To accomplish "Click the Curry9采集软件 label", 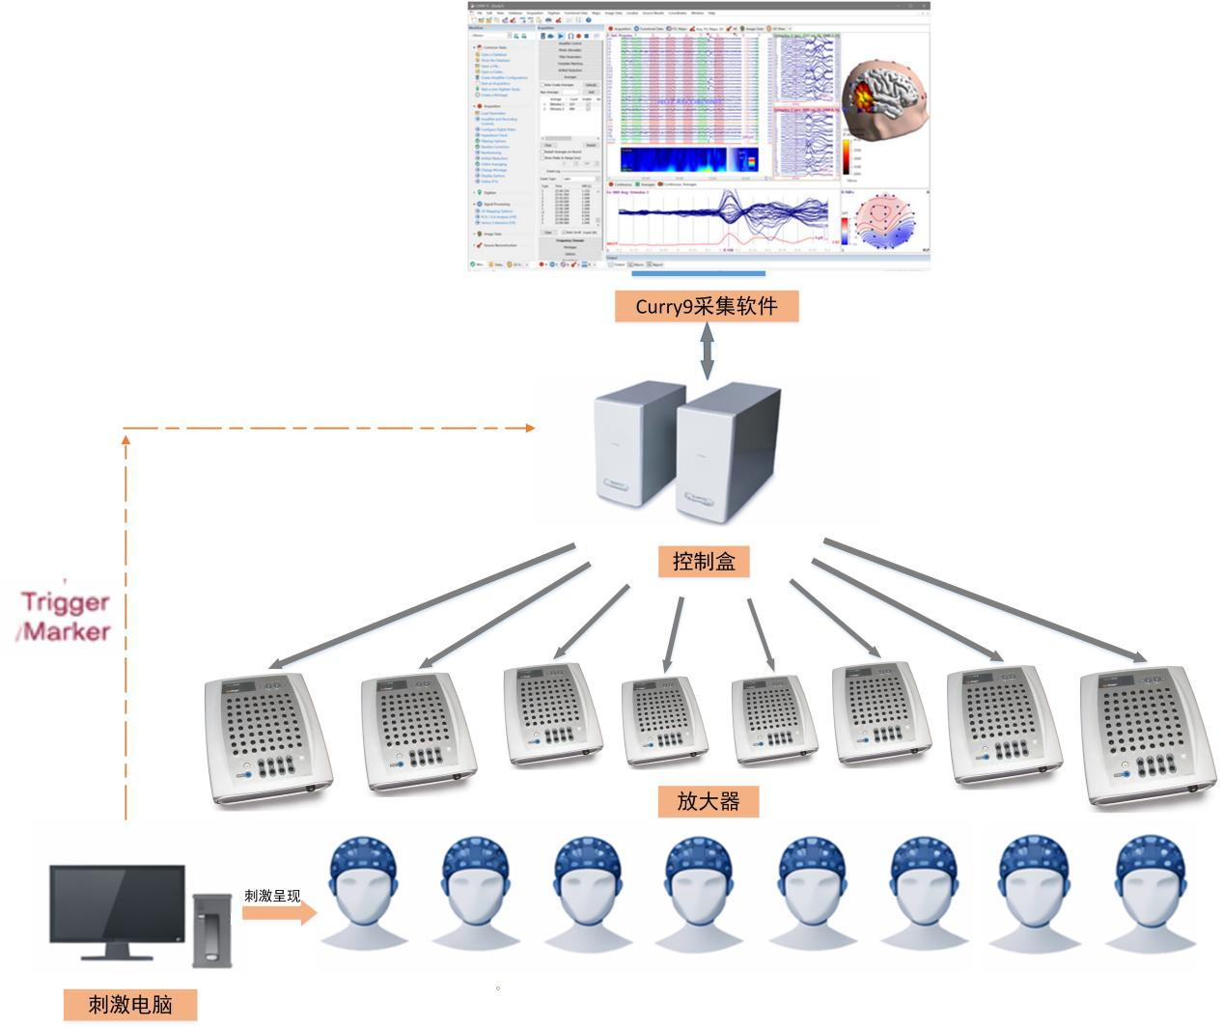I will click(707, 306).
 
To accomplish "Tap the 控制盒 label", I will click(705, 561).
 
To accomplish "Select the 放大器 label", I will click(709, 801).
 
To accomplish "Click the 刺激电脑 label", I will click(130, 1004).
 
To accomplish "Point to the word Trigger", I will click(66, 602).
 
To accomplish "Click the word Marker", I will click(69, 632).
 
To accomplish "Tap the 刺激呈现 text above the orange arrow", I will click(272, 895).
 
